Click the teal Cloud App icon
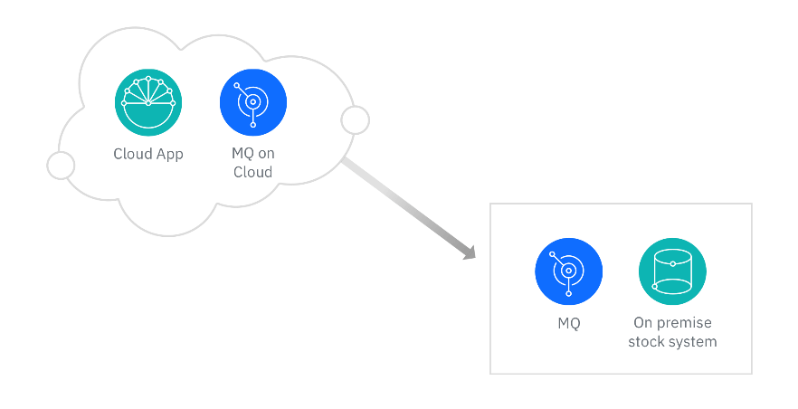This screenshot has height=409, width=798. [148, 102]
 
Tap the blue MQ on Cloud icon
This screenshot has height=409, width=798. [252, 102]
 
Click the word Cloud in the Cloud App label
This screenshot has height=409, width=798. [132, 154]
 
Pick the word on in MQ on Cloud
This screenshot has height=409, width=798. [266, 154]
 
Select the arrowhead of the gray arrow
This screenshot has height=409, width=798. [469, 254]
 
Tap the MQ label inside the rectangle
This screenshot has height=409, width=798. [568, 323]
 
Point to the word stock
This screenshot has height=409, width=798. [646, 341]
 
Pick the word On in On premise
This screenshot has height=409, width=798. [642, 323]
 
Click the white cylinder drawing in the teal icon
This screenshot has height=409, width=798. [672, 273]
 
